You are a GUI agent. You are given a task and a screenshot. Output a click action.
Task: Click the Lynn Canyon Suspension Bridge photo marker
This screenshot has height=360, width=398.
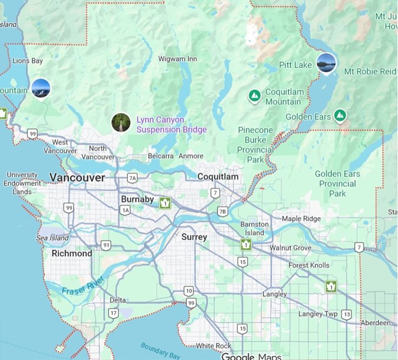[x=120, y=123]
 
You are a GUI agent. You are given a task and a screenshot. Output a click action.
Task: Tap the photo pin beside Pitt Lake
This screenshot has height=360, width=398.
[x=325, y=62]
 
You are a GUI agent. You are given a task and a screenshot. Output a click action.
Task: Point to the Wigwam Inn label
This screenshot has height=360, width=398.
[x=177, y=59]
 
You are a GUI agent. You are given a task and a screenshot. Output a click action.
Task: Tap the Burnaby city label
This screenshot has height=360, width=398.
[x=137, y=199]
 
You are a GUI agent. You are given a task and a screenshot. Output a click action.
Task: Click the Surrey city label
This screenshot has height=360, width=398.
[x=194, y=237]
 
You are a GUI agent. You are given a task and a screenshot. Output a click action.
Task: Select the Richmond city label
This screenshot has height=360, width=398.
[x=72, y=253]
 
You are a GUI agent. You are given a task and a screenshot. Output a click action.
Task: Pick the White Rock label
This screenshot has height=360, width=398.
[x=213, y=346]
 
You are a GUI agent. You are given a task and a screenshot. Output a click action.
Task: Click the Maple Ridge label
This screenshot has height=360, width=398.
[x=301, y=219]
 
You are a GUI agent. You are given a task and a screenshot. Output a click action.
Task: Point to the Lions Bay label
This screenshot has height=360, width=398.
[x=28, y=61]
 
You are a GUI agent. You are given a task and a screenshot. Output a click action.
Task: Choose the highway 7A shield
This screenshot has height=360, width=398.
[x=132, y=178]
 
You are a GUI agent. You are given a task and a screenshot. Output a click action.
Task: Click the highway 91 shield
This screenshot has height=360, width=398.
[x=106, y=245]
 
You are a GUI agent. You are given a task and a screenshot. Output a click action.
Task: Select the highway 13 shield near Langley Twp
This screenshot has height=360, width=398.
[x=347, y=314]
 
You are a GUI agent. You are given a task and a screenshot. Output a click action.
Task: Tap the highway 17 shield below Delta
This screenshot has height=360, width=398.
[x=113, y=313]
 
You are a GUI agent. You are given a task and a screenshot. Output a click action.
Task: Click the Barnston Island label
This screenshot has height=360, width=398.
[x=255, y=229]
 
